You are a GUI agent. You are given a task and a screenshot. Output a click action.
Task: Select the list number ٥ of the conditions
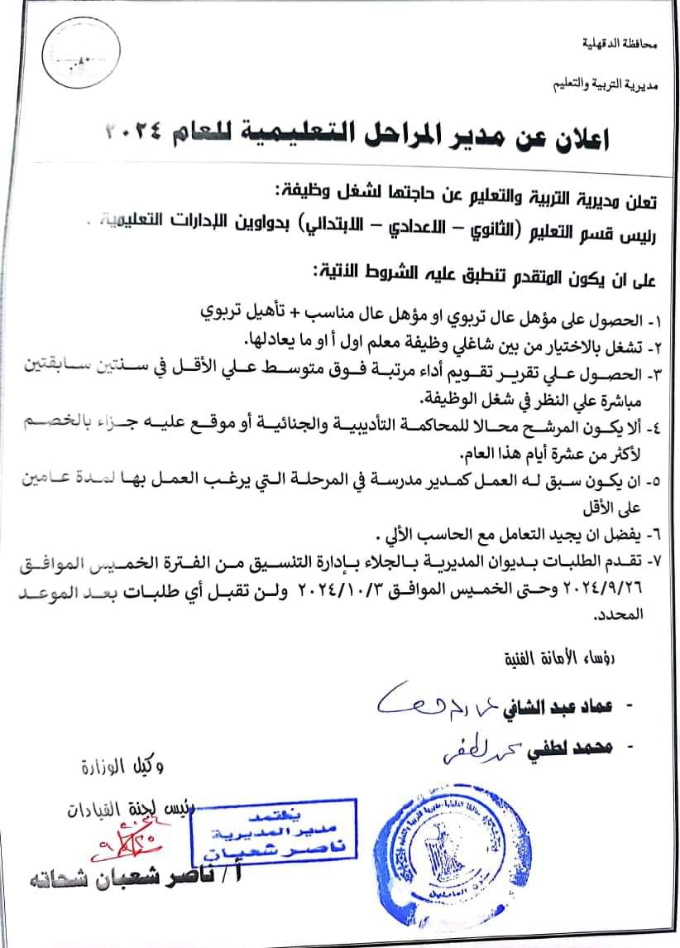[662, 479]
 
